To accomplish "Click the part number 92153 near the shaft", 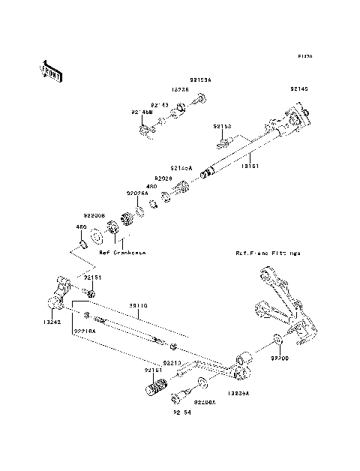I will [x=222, y=127].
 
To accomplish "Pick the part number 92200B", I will [x=94, y=214].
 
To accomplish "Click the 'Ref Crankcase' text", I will [x=122, y=253].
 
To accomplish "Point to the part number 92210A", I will [x=83, y=330].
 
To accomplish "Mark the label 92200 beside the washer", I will [x=278, y=359].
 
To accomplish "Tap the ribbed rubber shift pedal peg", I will [x=155, y=390].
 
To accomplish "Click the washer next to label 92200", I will [x=277, y=342].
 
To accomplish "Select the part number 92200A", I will [x=205, y=402].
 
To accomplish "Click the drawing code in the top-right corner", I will [x=304, y=56].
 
